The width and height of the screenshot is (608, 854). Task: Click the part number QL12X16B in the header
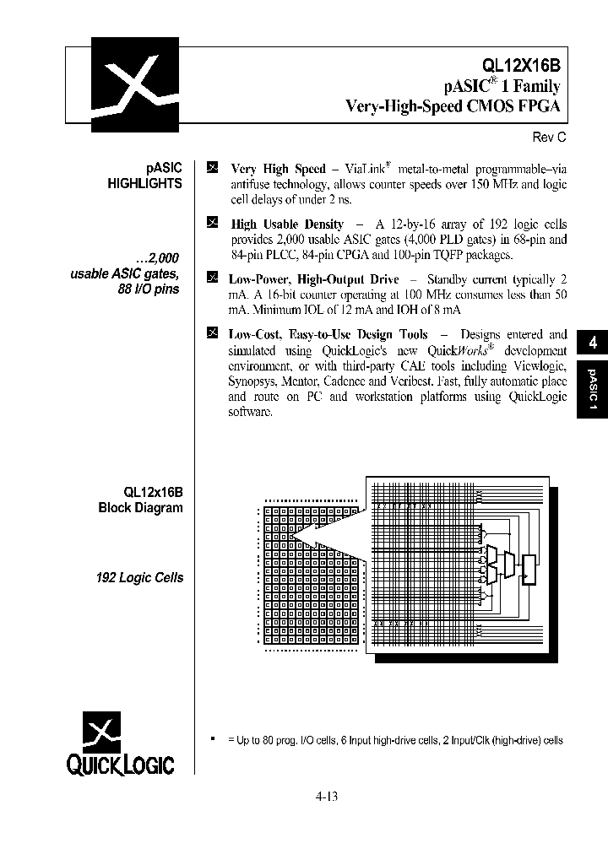[521, 65]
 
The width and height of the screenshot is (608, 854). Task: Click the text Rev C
[547, 138]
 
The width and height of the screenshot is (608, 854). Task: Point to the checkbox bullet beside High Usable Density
[212, 223]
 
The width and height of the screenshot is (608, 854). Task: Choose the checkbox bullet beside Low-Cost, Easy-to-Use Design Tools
[212, 333]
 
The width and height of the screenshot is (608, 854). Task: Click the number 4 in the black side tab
[593, 343]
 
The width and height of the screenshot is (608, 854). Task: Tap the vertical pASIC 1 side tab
[593, 389]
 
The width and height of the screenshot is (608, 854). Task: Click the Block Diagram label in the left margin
[140, 508]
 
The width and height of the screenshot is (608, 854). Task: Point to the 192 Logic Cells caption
[139, 578]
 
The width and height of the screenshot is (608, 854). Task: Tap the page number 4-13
[326, 795]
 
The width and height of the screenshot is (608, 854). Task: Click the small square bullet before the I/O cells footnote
[213, 738]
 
